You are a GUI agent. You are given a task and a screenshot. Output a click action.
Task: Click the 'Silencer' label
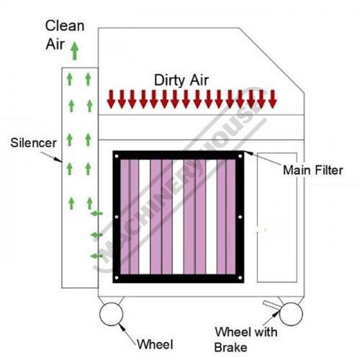coord(33,143)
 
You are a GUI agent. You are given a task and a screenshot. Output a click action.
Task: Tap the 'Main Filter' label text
coord(313,170)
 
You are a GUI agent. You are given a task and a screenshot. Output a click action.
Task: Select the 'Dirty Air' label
coord(181,80)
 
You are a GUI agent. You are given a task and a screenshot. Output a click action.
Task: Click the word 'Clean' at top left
coord(65,26)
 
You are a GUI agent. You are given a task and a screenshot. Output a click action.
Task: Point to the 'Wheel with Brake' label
coord(246,340)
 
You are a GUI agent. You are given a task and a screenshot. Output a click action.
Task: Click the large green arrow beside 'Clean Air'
coord(75,51)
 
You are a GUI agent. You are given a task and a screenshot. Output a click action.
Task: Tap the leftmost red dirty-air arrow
coord(111,99)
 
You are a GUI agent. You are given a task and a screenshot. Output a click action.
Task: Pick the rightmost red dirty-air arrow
coord(272,99)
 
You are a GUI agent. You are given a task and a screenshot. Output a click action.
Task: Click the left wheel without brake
coord(112,314)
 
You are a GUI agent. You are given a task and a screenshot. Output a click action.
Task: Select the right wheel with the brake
coord(291,314)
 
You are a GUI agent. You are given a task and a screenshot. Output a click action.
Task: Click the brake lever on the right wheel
coord(272,305)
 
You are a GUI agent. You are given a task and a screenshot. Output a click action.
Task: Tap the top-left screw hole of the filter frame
coord(117,156)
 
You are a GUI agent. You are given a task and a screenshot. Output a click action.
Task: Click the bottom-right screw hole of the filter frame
coord(240,278)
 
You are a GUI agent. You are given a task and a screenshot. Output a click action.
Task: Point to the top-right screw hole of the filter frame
coord(240,156)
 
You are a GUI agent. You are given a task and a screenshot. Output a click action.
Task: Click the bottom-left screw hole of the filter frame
coord(117,278)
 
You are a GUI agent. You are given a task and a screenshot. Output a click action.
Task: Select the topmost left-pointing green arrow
coord(96,213)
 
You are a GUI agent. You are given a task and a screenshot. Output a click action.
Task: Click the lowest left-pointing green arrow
coord(96,256)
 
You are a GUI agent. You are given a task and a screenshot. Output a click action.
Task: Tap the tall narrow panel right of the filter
coord(277,217)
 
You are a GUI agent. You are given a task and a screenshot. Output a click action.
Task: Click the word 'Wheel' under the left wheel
coord(155,345)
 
